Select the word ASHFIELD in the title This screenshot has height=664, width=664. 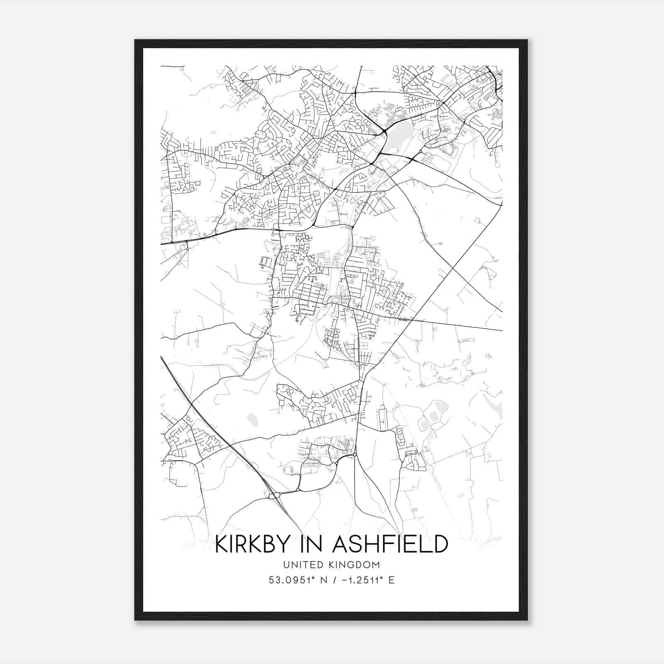tap(391, 544)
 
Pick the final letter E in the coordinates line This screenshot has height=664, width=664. tap(391, 580)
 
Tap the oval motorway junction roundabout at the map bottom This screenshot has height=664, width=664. tap(274, 496)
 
